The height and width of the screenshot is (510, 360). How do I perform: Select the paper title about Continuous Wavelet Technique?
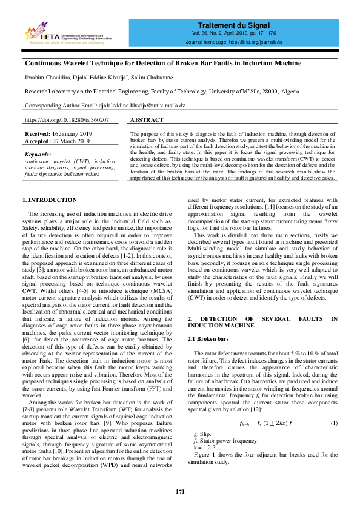pos(162,63)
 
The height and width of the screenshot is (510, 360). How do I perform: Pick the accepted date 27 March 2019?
pos(72,141)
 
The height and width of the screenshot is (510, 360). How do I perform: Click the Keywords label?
pos(38,155)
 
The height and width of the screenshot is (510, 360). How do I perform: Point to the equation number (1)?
pos(333,422)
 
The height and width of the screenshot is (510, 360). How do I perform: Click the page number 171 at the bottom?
pos(180,491)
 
